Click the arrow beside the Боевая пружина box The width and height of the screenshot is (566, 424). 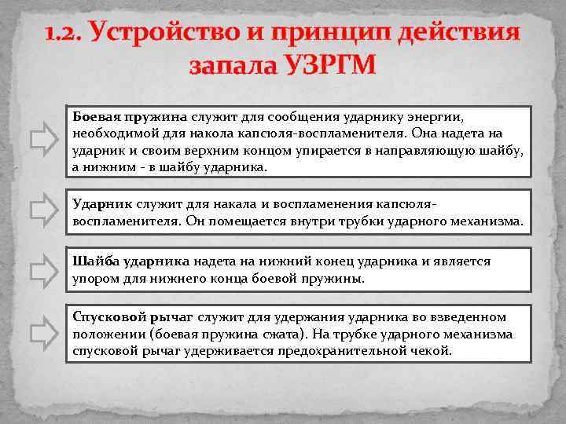click(42, 141)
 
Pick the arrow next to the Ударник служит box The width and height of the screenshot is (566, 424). click(42, 210)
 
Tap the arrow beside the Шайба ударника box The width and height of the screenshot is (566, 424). click(42, 269)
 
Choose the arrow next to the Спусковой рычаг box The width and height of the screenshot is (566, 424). click(42, 334)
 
